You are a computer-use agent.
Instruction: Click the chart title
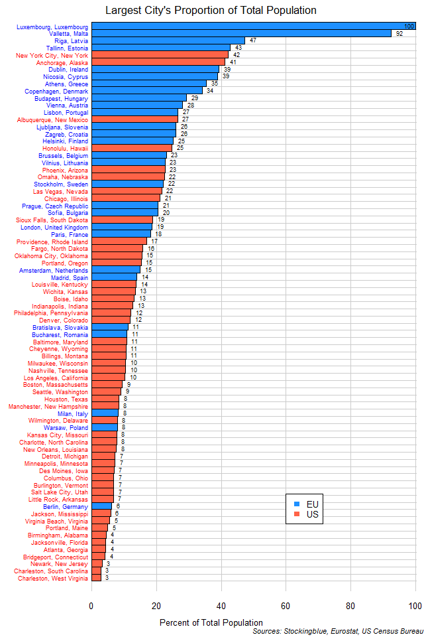pyautogui.click(x=211, y=10)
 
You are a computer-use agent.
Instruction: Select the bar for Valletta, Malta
pyautogui.click(x=241, y=33)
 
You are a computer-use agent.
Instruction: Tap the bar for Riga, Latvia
pyautogui.click(x=168, y=40)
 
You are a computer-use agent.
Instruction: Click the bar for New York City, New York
pyautogui.click(x=160, y=55)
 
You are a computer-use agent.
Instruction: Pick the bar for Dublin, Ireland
pyautogui.click(x=155, y=69)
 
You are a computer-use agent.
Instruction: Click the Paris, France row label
pyautogui.click(x=69, y=234)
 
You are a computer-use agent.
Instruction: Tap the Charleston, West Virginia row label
pyautogui.click(x=52, y=578)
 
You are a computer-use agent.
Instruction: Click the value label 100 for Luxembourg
pyautogui.click(x=409, y=27)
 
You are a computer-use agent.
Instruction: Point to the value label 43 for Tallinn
pyautogui.click(x=238, y=48)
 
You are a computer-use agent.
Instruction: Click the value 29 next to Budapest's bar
pyautogui.click(x=194, y=98)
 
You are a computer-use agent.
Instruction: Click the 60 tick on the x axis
pyautogui.click(x=286, y=605)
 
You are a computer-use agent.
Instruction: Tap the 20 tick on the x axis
pyautogui.click(x=156, y=605)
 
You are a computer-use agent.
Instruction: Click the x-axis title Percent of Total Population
pyautogui.click(x=211, y=622)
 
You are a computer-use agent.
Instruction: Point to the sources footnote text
pyautogui.click(x=337, y=632)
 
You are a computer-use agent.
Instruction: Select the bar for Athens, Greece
pyautogui.click(x=148, y=84)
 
